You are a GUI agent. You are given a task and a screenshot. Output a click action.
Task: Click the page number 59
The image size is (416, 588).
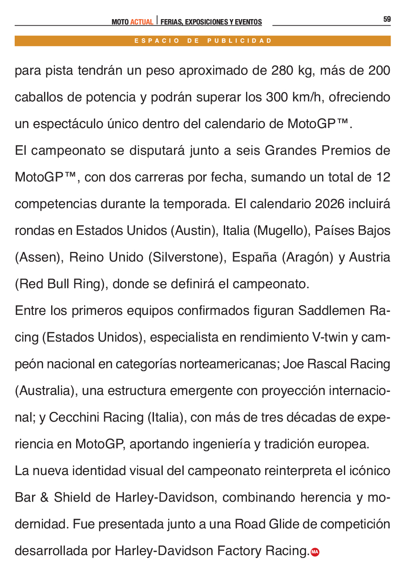click(387, 19)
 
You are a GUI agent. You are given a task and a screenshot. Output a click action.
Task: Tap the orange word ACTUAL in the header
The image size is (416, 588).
click(141, 22)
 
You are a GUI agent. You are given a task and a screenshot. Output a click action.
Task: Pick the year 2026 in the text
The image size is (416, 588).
click(329, 204)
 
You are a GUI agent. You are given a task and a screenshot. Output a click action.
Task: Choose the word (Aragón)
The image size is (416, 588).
click(307, 257)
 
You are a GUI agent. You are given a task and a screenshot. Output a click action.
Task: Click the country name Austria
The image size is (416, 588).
click(369, 257)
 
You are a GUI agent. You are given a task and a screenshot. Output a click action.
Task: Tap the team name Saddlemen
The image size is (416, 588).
click(331, 310)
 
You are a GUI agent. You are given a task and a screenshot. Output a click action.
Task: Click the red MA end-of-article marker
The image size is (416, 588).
click(315, 552)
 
